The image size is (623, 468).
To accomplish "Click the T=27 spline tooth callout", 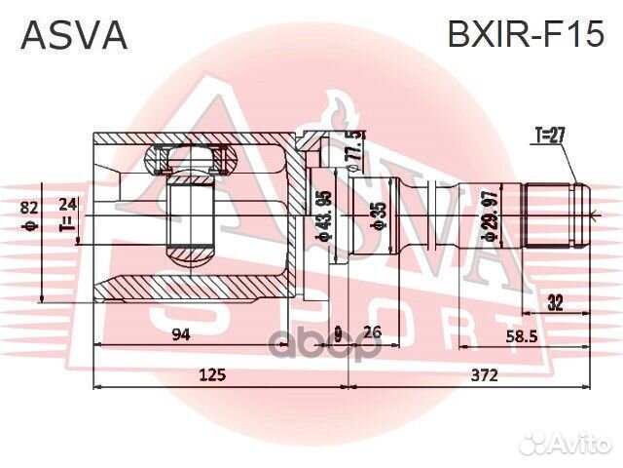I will pyautogui.click(x=551, y=135).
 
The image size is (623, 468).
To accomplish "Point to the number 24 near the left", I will pyautogui.click(x=67, y=205).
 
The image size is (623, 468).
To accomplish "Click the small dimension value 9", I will pyautogui.click(x=337, y=331).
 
